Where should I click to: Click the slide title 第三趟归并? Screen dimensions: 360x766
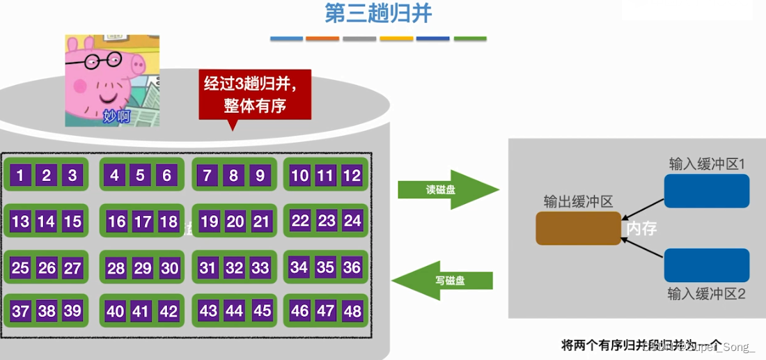(378, 14)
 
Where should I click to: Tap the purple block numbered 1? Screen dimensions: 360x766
(20, 175)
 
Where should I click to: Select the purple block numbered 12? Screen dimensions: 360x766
(352, 175)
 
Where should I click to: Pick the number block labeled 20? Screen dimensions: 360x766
(235, 221)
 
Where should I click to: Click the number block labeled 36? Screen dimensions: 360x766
(352, 267)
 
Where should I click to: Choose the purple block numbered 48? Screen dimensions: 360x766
(352, 311)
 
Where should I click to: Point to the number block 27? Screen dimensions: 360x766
(72, 268)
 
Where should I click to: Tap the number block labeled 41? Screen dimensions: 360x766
(141, 311)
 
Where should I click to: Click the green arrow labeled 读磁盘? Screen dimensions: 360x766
(448, 189)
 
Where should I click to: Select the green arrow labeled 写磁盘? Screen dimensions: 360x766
(443, 281)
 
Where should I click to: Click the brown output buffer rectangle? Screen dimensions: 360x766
(577, 228)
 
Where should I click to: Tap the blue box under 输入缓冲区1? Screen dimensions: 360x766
(706, 191)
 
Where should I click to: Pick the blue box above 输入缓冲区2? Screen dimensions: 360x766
(706, 265)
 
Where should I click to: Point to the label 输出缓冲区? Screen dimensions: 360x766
(578, 202)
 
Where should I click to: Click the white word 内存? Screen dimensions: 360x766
(641, 228)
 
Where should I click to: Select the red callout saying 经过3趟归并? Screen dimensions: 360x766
(255, 95)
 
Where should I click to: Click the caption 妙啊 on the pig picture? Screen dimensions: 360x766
(116, 116)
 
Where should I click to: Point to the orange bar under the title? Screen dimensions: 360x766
(322, 38)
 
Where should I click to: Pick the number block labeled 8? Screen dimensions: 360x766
(234, 175)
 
